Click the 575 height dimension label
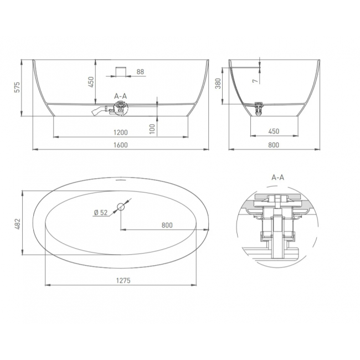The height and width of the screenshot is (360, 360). [x=18, y=88]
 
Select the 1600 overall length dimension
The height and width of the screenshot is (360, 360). [x=121, y=145]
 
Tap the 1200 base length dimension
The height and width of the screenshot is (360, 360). [x=121, y=132]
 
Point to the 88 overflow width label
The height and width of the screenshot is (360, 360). [x=140, y=72]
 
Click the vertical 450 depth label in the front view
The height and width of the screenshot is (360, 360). [x=91, y=82]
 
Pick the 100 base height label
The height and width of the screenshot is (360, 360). [x=152, y=129]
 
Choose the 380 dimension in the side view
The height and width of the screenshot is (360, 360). [x=218, y=84]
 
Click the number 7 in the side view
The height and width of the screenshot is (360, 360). [x=255, y=81]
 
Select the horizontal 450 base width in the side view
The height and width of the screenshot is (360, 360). [x=274, y=131]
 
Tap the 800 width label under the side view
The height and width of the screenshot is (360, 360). [x=274, y=145]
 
